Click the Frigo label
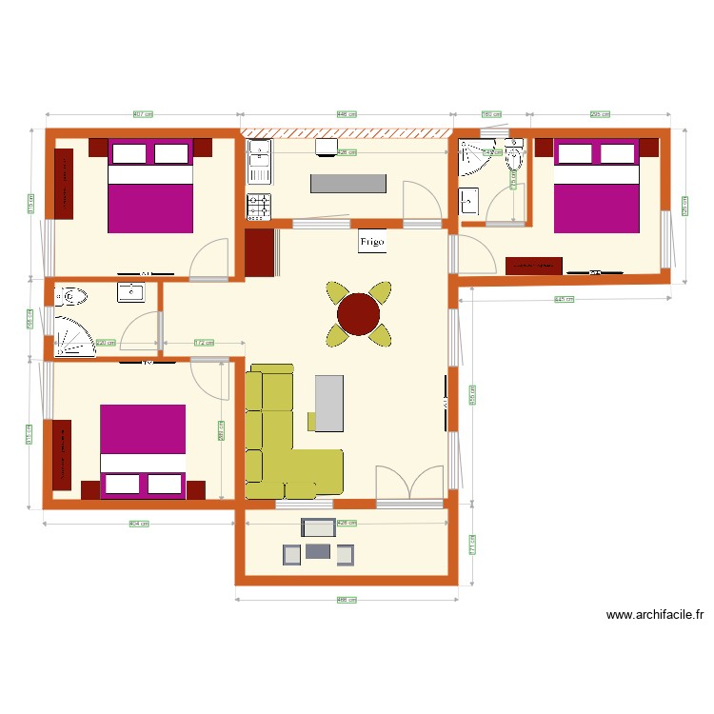tap(372, 242)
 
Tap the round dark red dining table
tap(359, 314)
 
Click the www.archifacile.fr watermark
tap(654, 616)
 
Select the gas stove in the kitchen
tap(259, 205)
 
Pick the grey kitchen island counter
tap(349, 184)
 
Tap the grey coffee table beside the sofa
tap(328, 403)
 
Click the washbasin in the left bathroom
tap(130, 292)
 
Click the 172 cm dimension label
tap(203, 343)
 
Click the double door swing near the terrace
tap(409, 483)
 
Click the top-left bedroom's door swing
tap(209, 259)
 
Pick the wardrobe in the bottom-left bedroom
tap(62, 455)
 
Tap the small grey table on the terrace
tap(318, 550)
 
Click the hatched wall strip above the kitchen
tap(346, 133)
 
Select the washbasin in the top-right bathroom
tap(469, 201)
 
